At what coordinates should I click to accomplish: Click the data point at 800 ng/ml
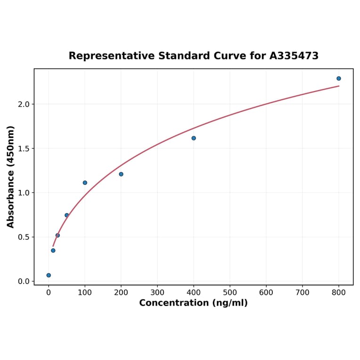[339, 78]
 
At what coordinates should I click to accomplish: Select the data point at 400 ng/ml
[194, 138]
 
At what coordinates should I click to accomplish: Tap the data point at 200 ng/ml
[121, 174]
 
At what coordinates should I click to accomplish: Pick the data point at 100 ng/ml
[85, 183]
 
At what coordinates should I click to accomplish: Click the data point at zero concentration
[49, 275]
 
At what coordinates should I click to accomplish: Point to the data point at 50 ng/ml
[67, 215]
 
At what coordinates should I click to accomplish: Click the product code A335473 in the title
[294, 56]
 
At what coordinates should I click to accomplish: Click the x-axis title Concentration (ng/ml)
[193, 303]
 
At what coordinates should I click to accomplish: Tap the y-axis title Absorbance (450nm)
[11, 177]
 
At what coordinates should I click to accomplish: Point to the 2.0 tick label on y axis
[23, 104]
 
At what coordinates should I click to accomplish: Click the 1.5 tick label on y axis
[23, 148]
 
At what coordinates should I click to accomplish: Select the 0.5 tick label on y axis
[23, 237]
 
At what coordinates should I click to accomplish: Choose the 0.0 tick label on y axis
[23, 281]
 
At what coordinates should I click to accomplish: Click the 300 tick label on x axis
[157, 293]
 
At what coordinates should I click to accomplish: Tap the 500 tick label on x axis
[230, 293]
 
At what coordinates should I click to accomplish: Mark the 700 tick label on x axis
[303, 293]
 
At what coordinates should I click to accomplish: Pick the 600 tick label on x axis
[266, 293]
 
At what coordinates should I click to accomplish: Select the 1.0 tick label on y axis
[23, 193]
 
